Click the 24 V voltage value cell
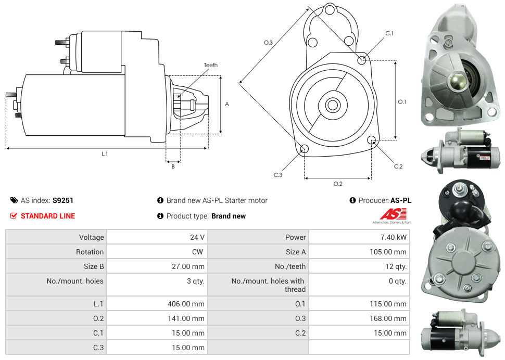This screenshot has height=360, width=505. click(197, 237)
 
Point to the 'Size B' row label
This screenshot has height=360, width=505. click(91, 266)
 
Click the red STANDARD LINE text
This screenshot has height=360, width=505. click(48, 216)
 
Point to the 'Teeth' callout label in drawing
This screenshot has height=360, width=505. click(211, 66)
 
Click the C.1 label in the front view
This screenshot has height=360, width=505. click(389, 34)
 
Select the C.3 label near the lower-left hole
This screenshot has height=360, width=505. click(278, 175)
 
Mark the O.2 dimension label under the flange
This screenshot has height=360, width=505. click(338, 184)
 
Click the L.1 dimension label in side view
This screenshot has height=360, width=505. click(105, 154)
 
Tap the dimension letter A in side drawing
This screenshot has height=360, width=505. click(227, 104)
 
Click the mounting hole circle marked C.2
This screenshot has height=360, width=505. click(372, 140)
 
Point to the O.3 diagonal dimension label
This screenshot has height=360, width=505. click(268, 43)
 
